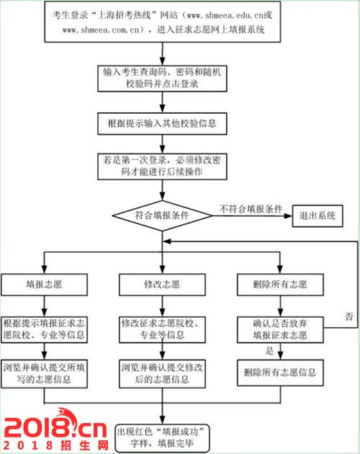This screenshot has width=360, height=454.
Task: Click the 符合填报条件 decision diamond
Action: click(x=162, y=215)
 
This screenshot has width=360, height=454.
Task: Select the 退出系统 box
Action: click(x=318, y=216)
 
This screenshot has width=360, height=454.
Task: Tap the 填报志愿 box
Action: click(x=44, y=285)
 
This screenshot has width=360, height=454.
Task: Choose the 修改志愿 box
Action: click(x=162, y=285)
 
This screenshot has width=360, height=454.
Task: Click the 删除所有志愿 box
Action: click(x=280, y=285)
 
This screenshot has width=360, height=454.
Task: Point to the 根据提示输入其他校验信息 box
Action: click(x=162, y=124)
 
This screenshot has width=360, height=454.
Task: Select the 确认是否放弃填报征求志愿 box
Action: click(x=280, y=330)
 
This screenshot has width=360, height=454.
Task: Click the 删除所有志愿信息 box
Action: click(x=280, y=373)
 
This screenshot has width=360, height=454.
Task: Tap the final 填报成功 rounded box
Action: click(x=162, y=438)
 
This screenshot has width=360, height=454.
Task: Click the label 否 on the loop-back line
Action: click(x=349, y=316)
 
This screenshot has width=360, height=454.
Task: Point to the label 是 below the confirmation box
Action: click(x=269, y=351)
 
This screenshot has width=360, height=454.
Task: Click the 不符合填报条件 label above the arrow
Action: click(x=251, y=209)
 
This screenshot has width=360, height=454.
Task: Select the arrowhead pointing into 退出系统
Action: click(x=288, y=216)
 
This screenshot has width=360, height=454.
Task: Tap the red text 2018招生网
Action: click(x=56, y=445)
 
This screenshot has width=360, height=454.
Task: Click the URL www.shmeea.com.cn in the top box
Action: click(x=101, y=30)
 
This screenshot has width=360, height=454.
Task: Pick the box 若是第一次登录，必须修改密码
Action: click(x=162, y=166)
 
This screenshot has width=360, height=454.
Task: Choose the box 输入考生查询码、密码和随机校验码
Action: click(x=162, y=79)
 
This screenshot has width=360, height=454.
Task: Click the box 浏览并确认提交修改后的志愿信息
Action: click(x=162, y=374)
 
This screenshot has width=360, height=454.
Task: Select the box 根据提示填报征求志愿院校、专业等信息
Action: click(x=44, y=330)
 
